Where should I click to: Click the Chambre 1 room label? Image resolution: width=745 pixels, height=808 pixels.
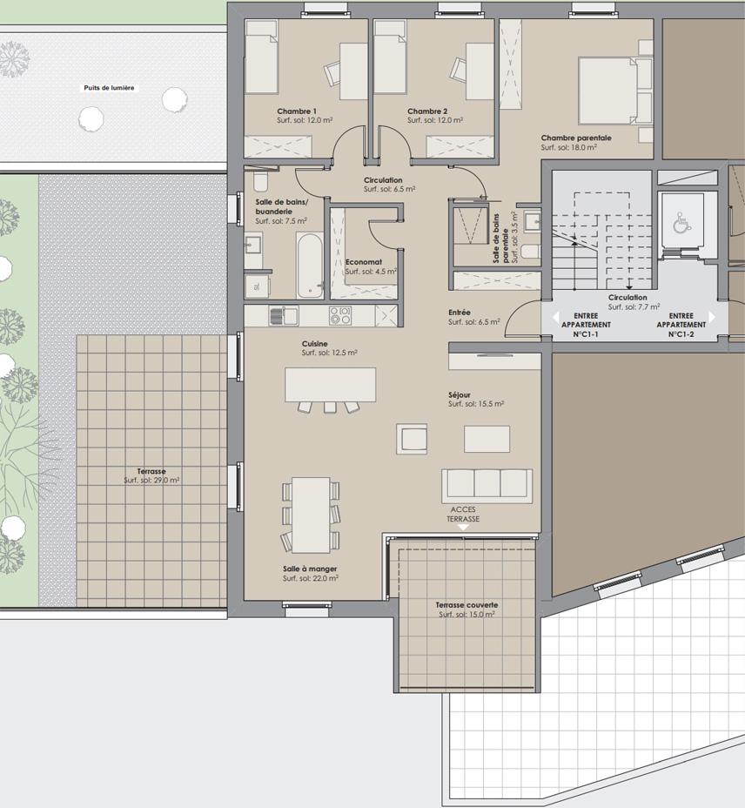[297, 111]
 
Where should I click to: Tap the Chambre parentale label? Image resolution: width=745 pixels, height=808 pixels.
[576, 138]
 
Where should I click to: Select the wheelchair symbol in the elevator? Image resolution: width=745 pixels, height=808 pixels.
[681, 224]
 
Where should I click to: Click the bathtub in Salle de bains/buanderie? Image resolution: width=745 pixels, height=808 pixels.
[310, 265]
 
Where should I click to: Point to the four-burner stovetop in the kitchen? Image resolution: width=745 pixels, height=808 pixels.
[340, 315]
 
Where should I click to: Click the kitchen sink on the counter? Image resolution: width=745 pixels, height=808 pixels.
[284, 315]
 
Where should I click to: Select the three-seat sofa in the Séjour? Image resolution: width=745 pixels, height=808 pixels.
[487, 486]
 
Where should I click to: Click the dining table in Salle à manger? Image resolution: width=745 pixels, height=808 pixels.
[311, 515]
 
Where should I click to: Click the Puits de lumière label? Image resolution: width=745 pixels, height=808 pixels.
[109, 88]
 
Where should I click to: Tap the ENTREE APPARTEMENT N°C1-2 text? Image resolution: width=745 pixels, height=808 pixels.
[681, 325]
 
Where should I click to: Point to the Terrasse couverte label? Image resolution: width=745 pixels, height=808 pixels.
[466, 605]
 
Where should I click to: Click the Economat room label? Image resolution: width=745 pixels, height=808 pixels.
[364, 262]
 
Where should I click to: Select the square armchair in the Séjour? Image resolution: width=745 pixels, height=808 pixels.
[411, 439]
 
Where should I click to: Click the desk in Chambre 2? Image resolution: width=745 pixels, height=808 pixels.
[480, 71]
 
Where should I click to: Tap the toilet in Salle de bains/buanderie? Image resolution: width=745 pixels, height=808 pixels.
[260, 181]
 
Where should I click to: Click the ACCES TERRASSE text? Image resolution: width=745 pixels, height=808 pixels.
[463, 515]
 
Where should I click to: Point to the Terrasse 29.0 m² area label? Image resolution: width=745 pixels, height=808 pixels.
[151, 475]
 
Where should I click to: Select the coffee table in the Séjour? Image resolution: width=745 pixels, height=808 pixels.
[487, 439]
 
